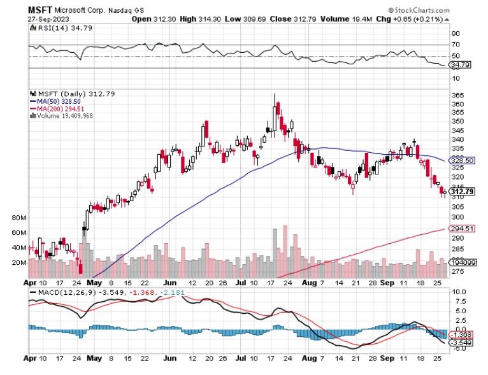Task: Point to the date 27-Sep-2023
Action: (48, 19)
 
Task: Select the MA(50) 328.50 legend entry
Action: (56, 101)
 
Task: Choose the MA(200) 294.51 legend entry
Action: (58, 108)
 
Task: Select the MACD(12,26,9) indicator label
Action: (58, 293)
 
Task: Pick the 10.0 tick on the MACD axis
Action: (459, 292)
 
